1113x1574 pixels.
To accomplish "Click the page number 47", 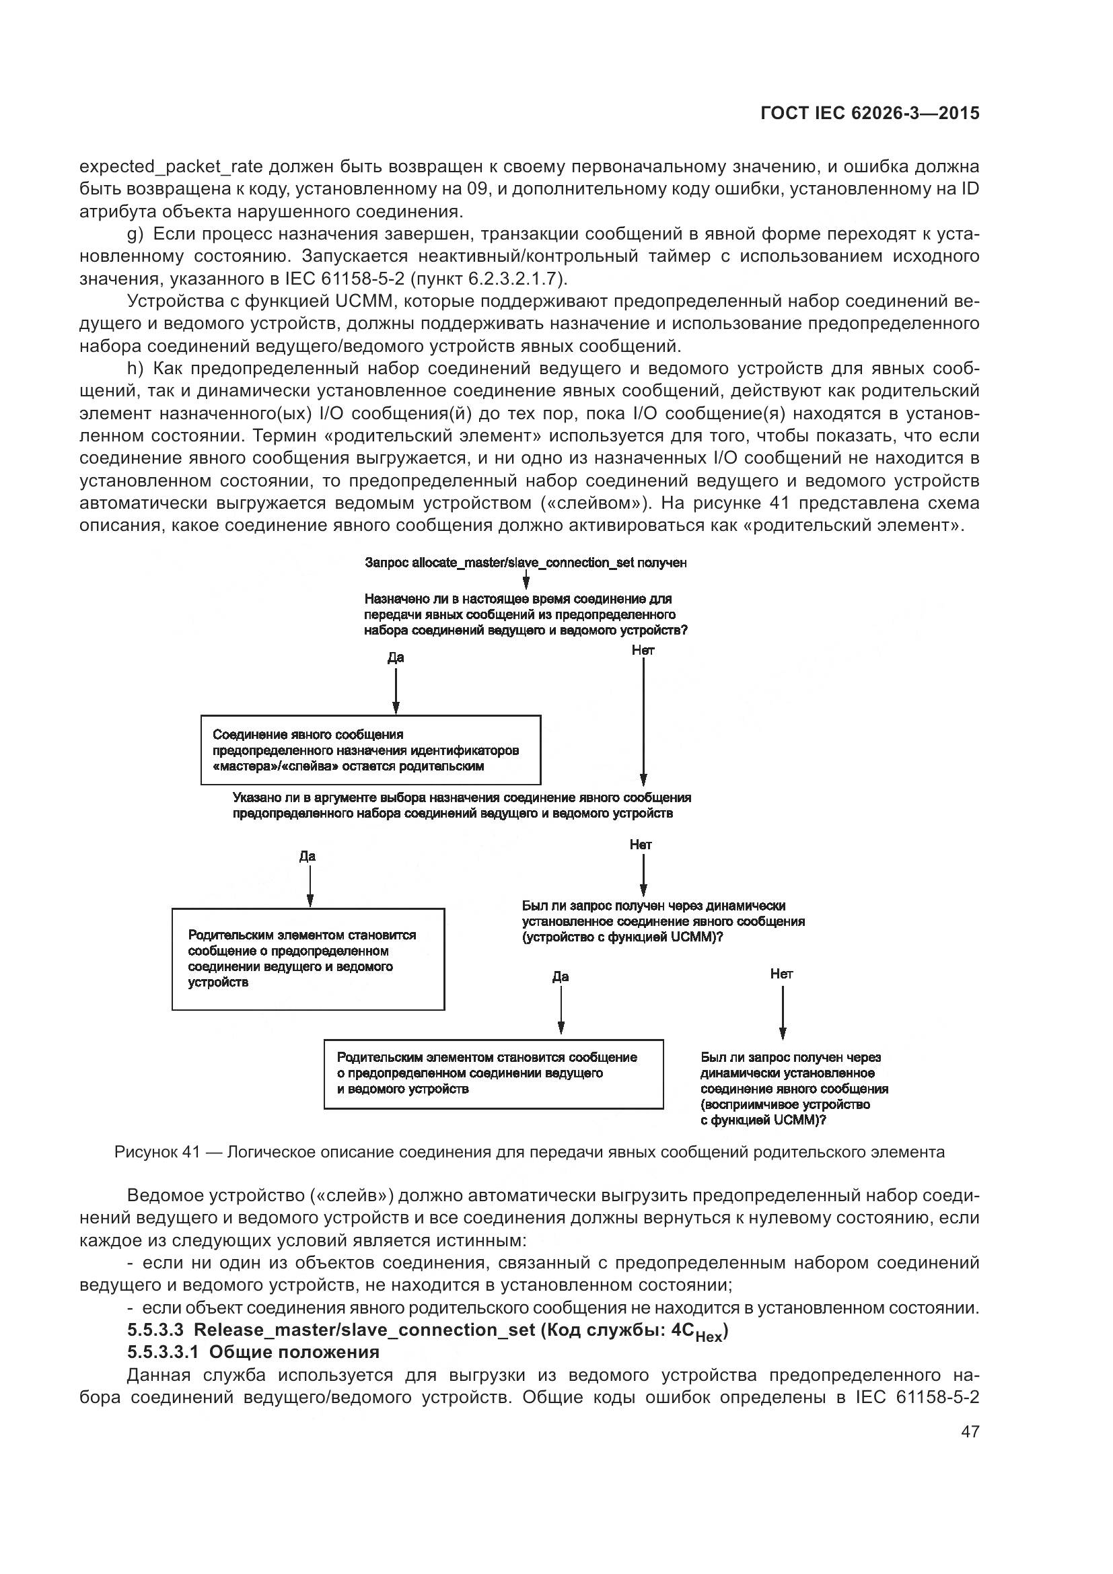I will point(970,1431).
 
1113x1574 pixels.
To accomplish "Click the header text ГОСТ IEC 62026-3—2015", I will point(869,114).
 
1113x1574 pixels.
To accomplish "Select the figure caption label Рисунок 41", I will point(157,1152).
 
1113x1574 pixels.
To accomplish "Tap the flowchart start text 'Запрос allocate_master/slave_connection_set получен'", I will point(526,563).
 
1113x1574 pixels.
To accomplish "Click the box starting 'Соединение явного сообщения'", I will point(370,750).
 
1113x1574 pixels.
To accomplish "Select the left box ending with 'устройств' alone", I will point(308,959).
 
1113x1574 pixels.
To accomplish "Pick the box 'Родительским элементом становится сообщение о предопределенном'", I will point(493,1073).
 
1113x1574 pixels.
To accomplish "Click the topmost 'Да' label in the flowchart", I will point(396,657).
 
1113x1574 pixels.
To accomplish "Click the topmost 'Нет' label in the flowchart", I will point(643,650).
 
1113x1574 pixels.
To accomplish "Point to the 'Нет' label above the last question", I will point(781,974).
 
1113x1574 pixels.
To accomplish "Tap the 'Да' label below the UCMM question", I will point(560,976).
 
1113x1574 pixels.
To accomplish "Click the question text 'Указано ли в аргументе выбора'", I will point(461,806).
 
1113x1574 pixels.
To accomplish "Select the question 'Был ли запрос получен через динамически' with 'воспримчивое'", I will point(793,1089).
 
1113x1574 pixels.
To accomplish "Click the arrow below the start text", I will point(526,581).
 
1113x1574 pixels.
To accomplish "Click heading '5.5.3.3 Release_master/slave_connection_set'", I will point(427,1330).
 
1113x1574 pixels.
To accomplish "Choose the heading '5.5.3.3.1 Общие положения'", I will point(253,1352).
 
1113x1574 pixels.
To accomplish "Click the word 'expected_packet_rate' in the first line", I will point(171,167).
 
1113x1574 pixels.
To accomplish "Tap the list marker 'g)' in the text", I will point(135,234).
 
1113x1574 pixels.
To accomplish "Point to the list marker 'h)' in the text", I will point(135,369).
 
